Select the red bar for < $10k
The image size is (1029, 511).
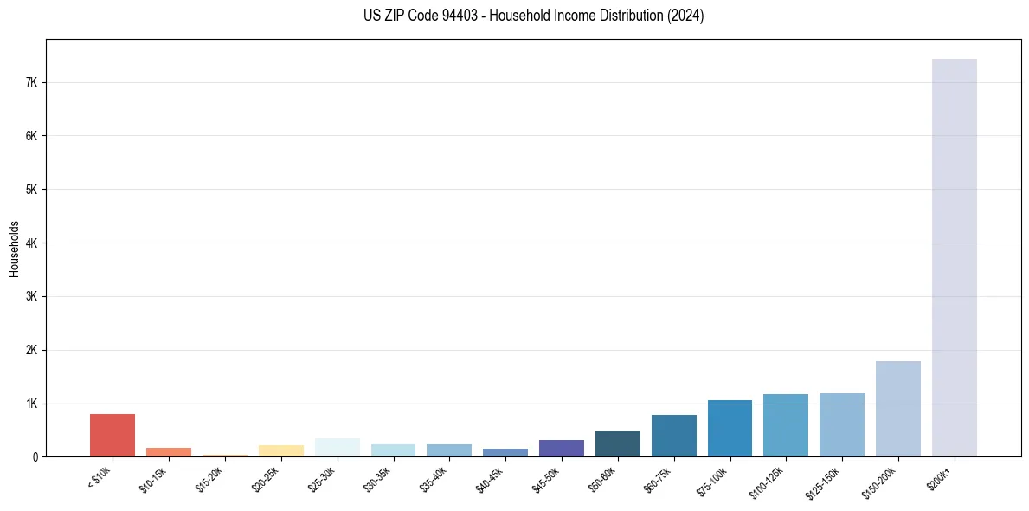click(113, 435)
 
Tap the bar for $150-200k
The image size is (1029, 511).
click(897, 409)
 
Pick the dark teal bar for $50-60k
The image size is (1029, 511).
click(617, 443)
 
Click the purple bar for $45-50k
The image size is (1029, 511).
click(561, 448)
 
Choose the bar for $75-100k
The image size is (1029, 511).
click(730, 428)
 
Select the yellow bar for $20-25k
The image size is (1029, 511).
click(280, 450)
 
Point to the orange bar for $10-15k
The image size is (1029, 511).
click(169, 452)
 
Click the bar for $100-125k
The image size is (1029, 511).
click(786, 425)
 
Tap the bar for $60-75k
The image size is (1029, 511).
click(673, 436)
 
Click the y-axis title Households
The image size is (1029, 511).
click(14, 249)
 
